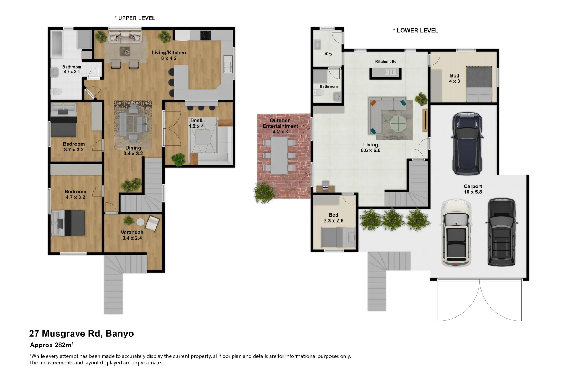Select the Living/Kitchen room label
click(168, 55)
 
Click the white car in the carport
click(456, 233)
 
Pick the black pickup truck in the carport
click(501, 233)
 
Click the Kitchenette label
click(385, 62)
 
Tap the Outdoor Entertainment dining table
click(279, 156)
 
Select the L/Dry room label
click(327, 54)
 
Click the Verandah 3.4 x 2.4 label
click(132, 235)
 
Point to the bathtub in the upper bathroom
click(57, 44)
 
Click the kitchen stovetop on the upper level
click(205, 35)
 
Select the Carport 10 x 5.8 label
click(473, 189)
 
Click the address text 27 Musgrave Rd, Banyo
click(81, 334)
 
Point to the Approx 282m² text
click(52, 345)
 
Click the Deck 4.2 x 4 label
click(196, 123)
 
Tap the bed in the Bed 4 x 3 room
click(479, 84)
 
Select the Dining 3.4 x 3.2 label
click(133, 151)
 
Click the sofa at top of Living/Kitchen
click(125, 36)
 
